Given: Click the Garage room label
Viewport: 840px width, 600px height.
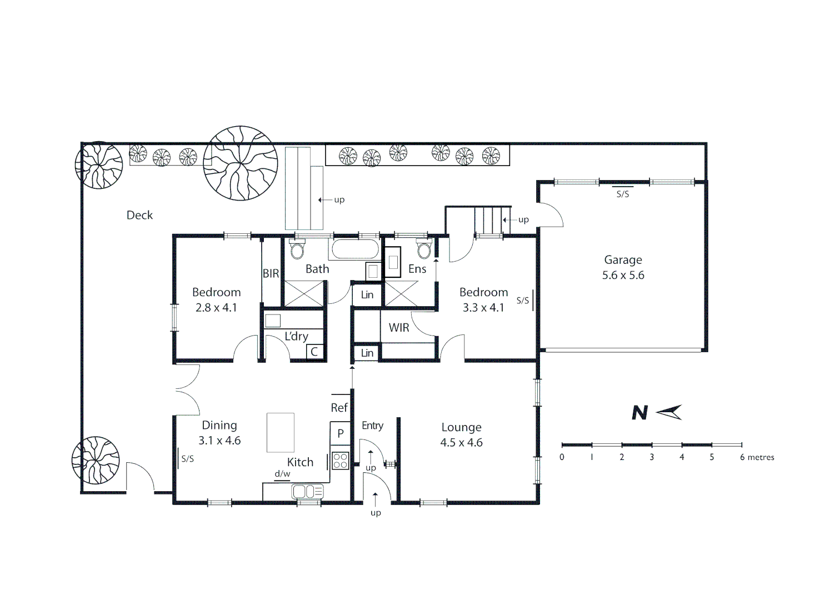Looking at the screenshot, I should pyautogui.click(x=623, y=260).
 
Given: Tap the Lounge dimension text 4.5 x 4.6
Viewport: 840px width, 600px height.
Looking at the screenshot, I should pyautogui.click(x=461, y=443).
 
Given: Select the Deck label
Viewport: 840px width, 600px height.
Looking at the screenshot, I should pyautogui.click(x=139, y=216).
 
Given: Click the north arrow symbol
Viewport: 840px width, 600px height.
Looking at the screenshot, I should pyautogui.click(x=669, y=412).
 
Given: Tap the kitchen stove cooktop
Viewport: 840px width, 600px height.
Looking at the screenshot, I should pyautogui.click(x=340, y=461).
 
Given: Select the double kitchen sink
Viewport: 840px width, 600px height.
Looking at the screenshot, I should pyautogui.click(x=307, y=491).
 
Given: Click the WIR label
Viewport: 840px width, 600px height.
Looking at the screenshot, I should pyautogui.click(x=399, y=328).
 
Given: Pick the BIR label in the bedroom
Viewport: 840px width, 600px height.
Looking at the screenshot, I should pyautogui.click(x=271, y=273).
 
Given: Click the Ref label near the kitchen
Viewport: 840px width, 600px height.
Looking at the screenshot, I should pyautogui.click(x=339, y=408).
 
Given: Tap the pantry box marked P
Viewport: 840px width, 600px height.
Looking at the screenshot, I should pyautogui.click(x=340, y=433).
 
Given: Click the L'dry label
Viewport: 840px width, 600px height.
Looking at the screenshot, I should pyautogui.click(x=296, y=337).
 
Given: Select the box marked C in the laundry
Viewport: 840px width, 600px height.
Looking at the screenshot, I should pyautogui.click(x=314, y=351).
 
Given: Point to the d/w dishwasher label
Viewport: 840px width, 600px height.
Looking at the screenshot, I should pyautogui.click(x=282, y=474).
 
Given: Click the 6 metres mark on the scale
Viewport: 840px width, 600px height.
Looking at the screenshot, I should pyautogui.click(x=757, y=457).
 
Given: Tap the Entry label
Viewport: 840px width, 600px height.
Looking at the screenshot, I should pyautogui.click(x=372, y=426).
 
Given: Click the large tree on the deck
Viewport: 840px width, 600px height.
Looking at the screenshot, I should pyautogui.click(x=240, y=163).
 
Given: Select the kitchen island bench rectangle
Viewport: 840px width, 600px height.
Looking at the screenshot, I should pyautogui.click(x=281, y=432).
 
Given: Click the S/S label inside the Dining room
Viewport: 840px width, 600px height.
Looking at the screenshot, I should pyautogui.click(x=188, y=459).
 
